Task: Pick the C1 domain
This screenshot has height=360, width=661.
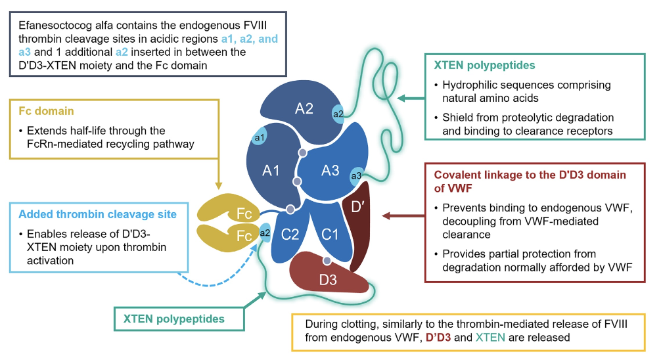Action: [329, 233]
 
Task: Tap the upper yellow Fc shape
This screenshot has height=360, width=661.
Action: [230, 212]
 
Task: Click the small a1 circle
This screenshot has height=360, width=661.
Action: [259, 137]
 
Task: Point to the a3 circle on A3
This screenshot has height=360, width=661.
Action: [356, 175]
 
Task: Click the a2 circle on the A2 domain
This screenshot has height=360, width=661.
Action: [339, 114]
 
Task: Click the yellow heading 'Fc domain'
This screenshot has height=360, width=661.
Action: [44, 112]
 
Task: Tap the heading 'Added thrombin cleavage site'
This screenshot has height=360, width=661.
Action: [97, 214]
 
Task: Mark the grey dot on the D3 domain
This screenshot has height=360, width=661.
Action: [327, 261]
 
